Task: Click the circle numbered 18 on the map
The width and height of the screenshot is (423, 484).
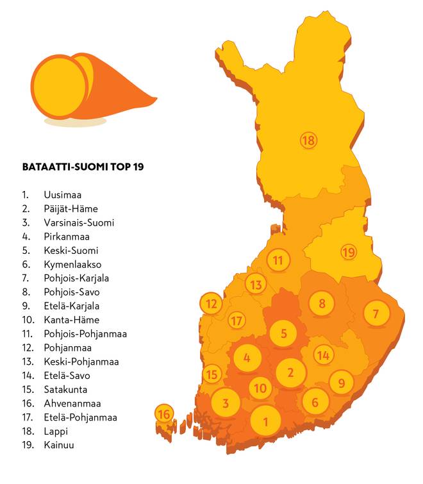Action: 309,140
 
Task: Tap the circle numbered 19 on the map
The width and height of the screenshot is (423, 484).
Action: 348,252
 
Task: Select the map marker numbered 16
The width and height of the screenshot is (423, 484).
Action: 164,414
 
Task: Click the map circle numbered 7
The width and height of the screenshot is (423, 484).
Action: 376,314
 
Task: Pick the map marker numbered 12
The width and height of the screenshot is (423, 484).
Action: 211,304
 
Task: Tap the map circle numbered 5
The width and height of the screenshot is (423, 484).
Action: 283,333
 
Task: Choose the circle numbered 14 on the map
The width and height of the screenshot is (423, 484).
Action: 324,355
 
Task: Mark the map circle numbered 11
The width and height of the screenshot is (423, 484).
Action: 278,260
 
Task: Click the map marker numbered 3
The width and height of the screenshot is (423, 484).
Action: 225,403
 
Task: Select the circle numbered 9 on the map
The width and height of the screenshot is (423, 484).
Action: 342,383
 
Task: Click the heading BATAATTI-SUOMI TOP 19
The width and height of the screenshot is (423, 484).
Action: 83,167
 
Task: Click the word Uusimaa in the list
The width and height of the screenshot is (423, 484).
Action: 62,194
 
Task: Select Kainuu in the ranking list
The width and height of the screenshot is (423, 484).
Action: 58,445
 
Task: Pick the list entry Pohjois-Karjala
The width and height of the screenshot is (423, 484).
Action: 76,278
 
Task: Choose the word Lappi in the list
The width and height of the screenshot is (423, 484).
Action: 56,431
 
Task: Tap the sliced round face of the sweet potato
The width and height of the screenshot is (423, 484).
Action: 59,87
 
